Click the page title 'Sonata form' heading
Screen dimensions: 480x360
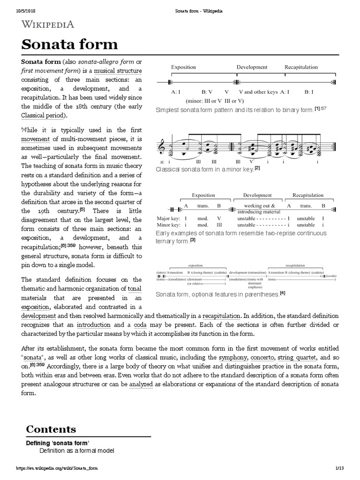69,45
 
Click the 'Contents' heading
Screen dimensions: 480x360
51,429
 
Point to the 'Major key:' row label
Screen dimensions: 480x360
168,218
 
